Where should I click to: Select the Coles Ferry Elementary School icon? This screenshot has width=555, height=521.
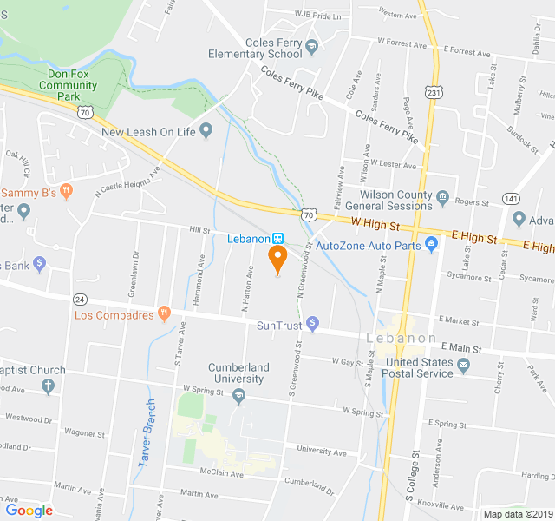coord(312,47)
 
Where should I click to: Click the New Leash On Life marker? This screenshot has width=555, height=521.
coord(206,132)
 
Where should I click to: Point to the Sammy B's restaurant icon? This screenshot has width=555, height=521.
coord(67,192)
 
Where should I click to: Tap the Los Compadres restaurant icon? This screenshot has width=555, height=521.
coord(164,314)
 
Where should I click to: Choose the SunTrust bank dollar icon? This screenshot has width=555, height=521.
coord(314,326)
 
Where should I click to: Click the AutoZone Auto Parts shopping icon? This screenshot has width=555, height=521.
coord(432,246)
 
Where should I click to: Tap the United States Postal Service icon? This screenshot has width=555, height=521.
coord(464,366)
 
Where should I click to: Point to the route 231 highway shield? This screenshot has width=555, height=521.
coord(432,91)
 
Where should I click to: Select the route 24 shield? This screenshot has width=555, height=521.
coord(81,299)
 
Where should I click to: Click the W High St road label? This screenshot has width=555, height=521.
coord(375,225)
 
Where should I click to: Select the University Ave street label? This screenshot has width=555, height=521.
coord(321,451)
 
